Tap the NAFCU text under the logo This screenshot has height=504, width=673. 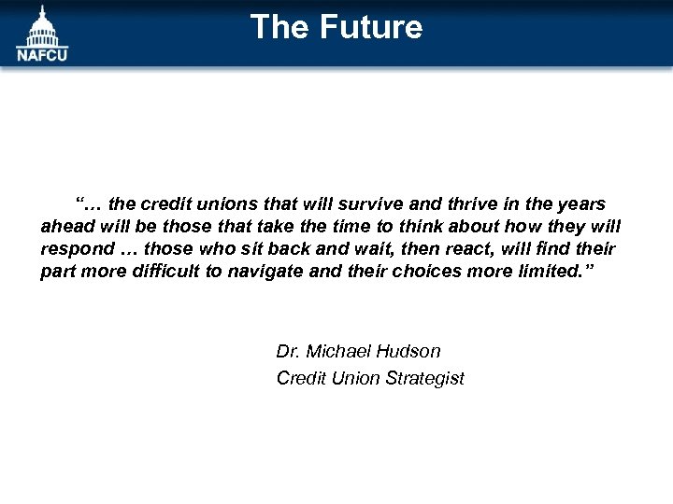42,53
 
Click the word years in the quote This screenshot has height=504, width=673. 581,203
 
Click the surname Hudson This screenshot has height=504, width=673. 408,352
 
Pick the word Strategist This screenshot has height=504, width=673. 423,378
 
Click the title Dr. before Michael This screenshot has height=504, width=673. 288,352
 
